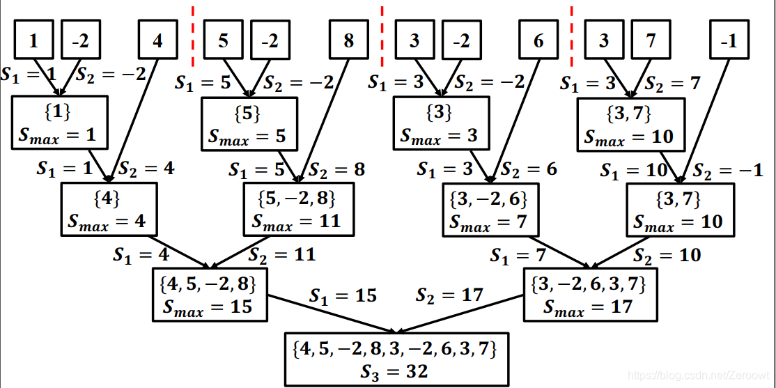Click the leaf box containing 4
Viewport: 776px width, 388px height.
pos(158,40)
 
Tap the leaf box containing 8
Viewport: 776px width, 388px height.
pos(348,40)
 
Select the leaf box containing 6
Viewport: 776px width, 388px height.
pos(538,40)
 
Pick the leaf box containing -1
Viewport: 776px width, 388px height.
pos(729,40)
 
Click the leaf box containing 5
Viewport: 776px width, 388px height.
pos(223,40)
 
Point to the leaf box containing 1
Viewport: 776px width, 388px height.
pos(33,40)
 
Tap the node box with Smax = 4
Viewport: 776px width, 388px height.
pos(107,209)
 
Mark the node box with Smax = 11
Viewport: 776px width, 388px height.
pos(297,209)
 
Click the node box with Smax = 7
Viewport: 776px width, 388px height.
pos(490,209)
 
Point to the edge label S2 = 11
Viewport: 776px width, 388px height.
pos(281,255)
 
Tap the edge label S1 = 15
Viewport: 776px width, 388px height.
pos(343,295)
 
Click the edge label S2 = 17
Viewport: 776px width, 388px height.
pos(449,295)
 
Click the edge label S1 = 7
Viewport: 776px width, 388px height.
pos(518,256)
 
